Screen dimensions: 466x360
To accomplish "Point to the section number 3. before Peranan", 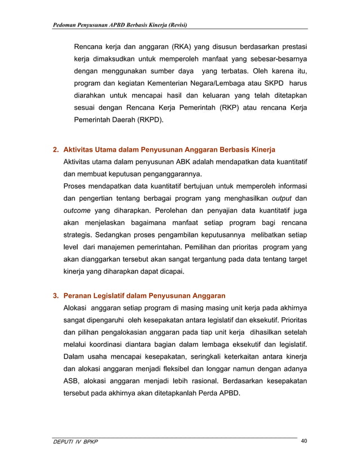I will pos(56,296).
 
